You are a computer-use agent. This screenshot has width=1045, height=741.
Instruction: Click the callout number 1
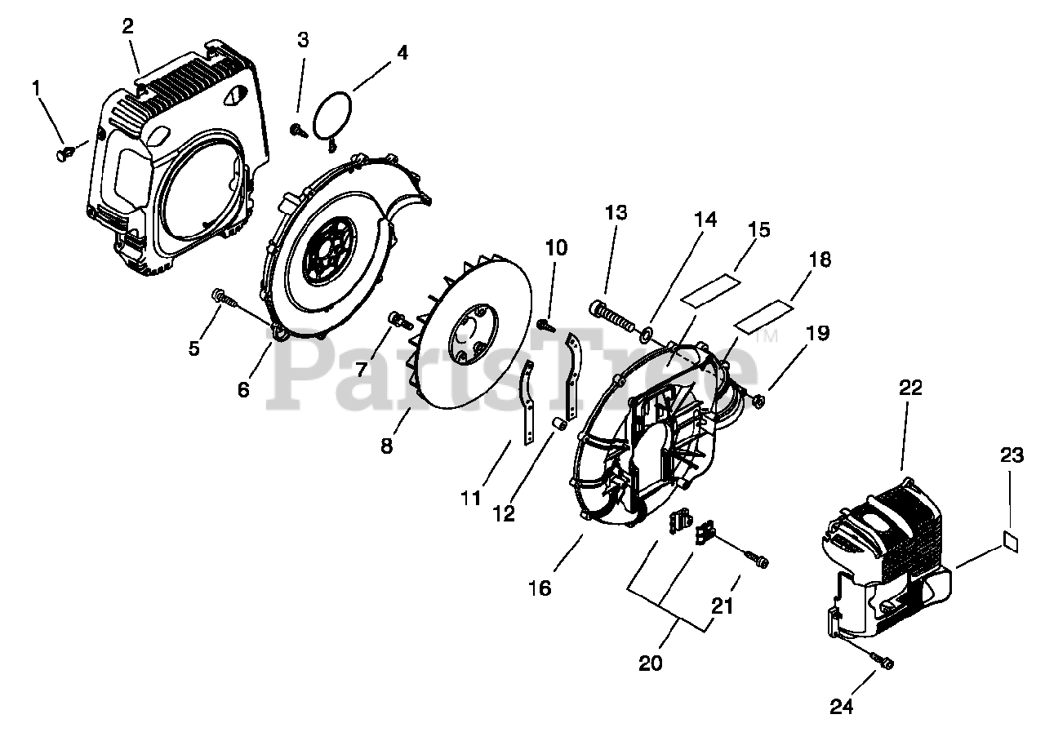point(36,87)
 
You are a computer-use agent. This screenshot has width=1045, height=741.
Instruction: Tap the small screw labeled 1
point(64,153)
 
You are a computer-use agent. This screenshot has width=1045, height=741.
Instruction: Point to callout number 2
point(128,25)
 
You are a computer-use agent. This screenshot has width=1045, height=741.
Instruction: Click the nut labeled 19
point(757,400)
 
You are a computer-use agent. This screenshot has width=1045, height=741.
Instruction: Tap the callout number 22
point(911,388)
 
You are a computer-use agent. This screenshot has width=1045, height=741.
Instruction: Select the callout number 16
point(540,588)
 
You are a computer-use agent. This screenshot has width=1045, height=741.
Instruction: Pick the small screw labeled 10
point(546,325)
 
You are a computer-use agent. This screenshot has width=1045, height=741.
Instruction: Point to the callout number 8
point(386,446)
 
